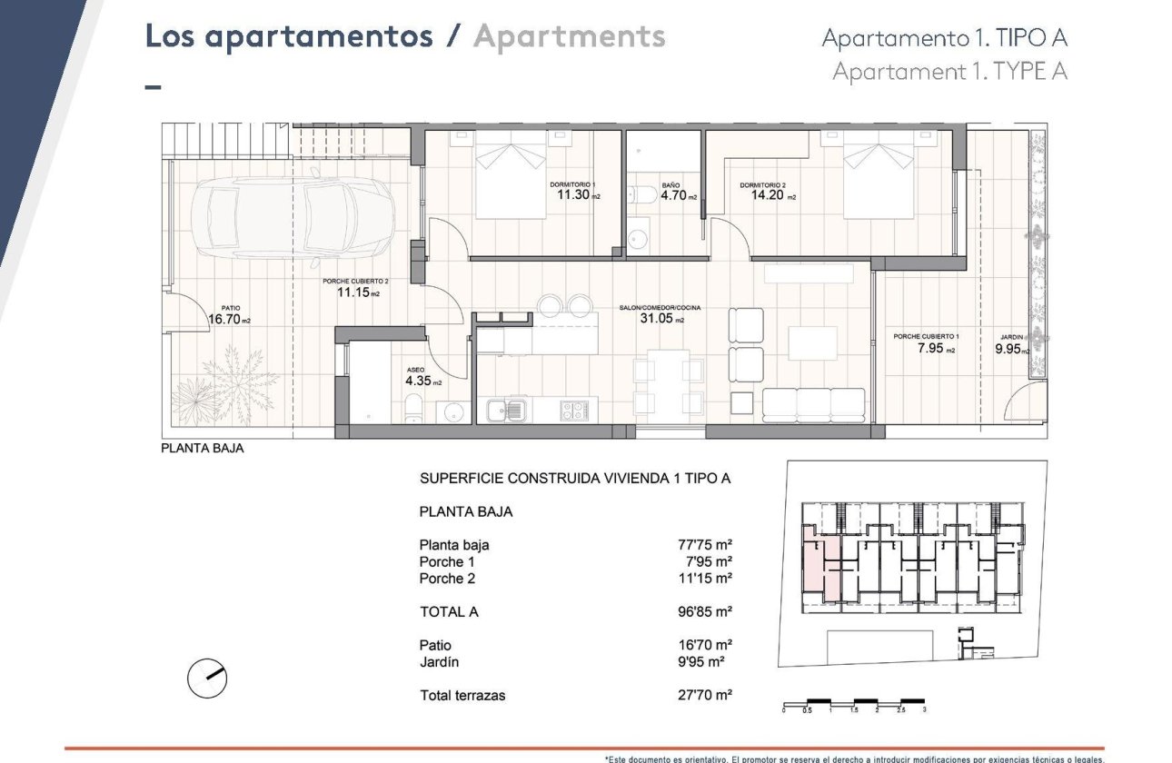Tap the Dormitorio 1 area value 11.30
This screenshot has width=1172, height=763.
[574, 194]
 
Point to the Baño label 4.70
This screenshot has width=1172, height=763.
[674, 195]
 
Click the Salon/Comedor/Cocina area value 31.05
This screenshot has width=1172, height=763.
[656, 318]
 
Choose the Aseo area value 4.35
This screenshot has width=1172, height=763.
[419, 381]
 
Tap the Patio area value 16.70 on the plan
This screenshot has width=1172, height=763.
[224, 319]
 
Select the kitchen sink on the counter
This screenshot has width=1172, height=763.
[505, 411]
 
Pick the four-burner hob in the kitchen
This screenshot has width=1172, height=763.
[572, 411]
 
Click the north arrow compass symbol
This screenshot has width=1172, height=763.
[206, 677]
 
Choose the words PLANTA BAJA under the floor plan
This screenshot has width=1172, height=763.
[203, 448]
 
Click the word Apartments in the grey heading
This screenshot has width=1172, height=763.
[570, 37]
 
